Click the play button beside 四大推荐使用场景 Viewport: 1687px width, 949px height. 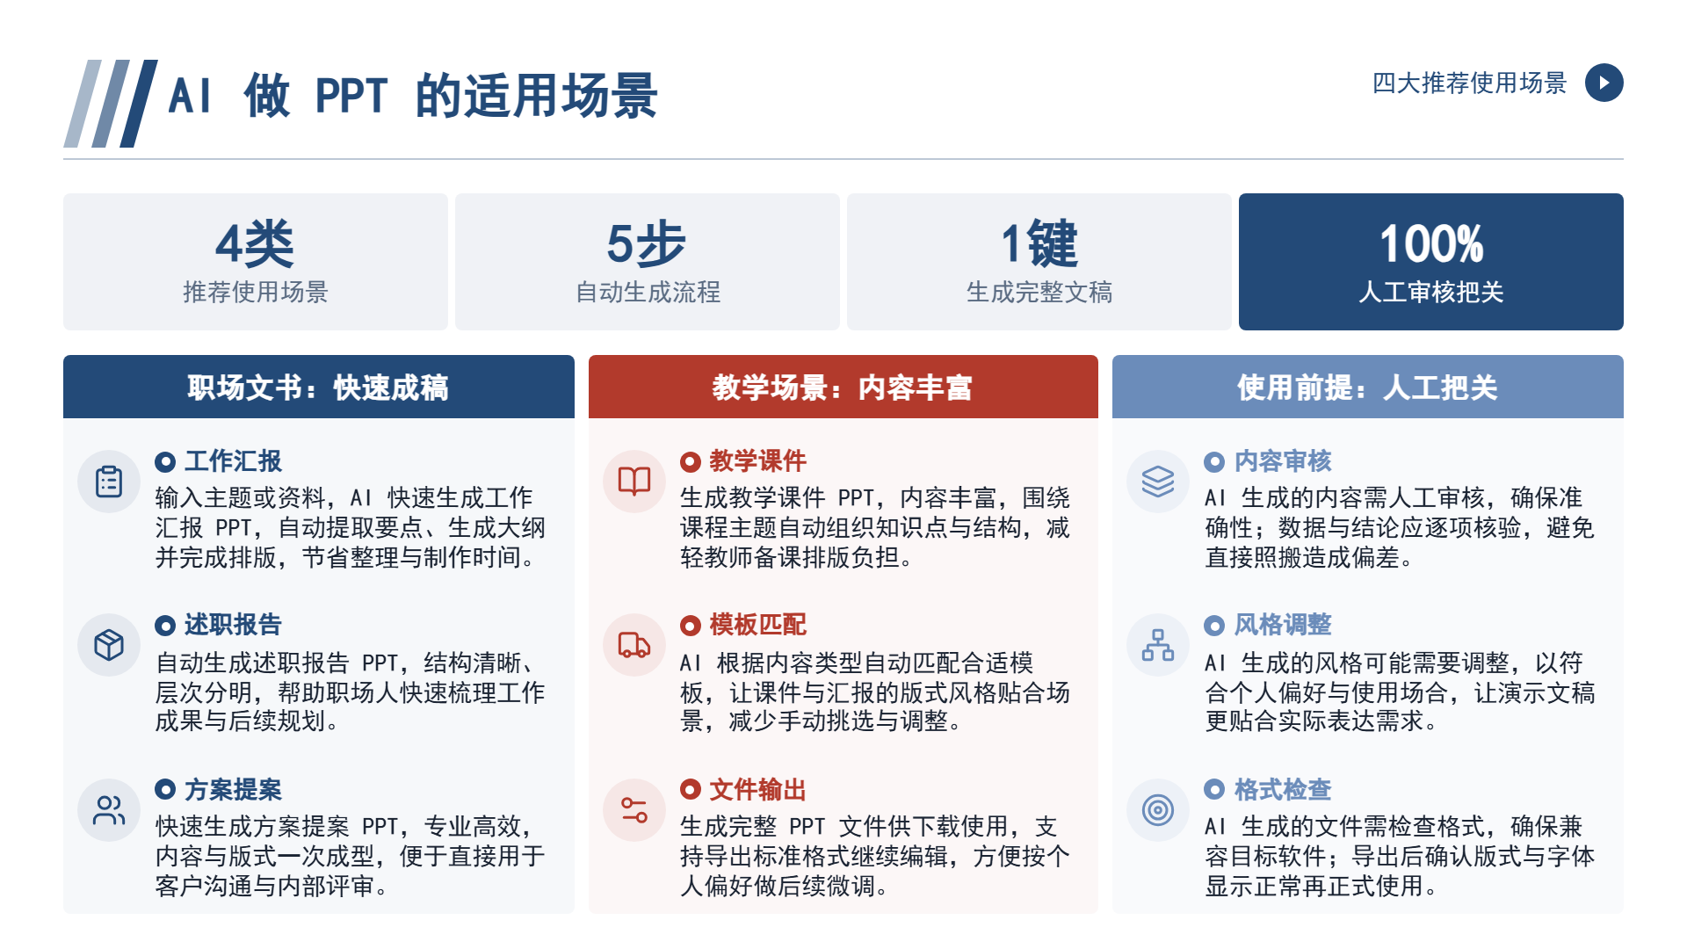click(x=1604, y=83)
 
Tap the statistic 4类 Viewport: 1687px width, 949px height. click(x=255, y=243)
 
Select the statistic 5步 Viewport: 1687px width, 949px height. click(x=647, y=243)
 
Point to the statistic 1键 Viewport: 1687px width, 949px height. click(x=1039, y=243)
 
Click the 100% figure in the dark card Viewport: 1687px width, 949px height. click(x=1431, y=243)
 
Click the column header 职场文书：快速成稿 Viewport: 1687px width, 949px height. click(x=318, y=388)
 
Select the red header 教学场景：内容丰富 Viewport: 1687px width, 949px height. click(x=843, y=388)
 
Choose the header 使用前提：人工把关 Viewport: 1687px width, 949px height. click(x=1367, y=388)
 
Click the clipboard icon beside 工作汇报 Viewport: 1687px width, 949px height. click(x=109, y=482)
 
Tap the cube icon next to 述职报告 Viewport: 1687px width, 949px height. click(x=109, y=645)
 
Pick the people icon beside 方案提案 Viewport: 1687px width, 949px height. click(x=109, y=810)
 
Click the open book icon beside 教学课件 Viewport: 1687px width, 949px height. click(x=634, y=482)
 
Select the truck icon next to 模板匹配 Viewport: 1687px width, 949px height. click(x=634, y=645)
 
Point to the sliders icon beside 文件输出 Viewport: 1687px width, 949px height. click(x=634, y=810)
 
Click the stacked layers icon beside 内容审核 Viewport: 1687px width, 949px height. click(x=1158, y=482)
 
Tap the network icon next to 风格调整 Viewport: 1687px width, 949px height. click(x=1158, y=645)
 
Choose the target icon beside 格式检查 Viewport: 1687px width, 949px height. click(x=1158, y=810)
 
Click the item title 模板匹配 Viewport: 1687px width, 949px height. click(x=757, y=625)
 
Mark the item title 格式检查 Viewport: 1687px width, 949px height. click(x=1283, y=789)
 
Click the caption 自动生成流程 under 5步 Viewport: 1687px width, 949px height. click(x=648, y=292)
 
